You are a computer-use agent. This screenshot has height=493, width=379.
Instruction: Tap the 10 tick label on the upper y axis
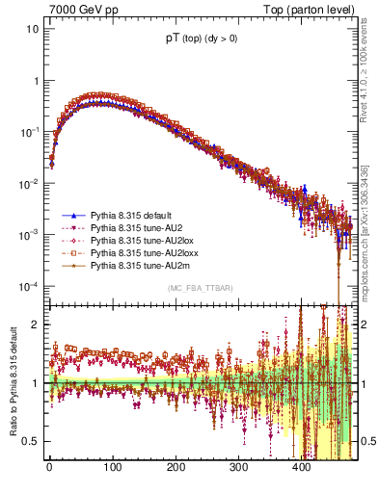[32, 28]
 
